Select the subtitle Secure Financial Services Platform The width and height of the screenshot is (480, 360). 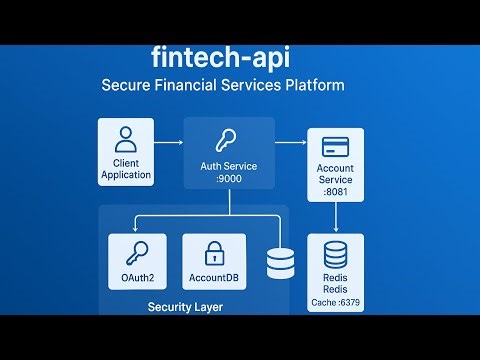pos(223,85)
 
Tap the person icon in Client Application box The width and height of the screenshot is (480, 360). pos(126,138)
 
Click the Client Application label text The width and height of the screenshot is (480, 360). pos(126,168)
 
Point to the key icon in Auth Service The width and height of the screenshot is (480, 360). pos(229,142)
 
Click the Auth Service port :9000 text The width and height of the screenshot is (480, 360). pos(230,179)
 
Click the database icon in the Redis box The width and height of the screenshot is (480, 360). pos(335,251)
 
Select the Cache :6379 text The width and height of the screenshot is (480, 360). pos(335,301)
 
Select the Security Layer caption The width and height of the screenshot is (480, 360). pos(185,306)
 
